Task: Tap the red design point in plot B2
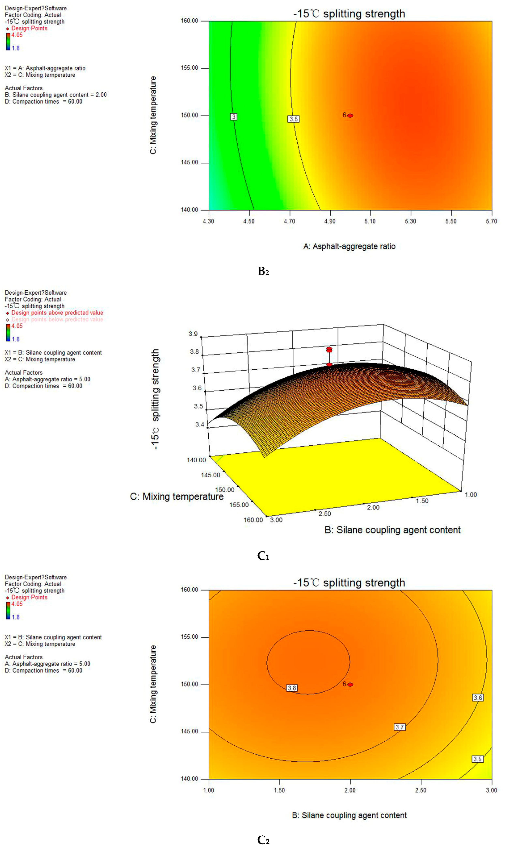tap(350, 115)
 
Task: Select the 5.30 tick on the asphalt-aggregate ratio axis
tap(411, 221)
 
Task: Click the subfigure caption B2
tap(263, 271)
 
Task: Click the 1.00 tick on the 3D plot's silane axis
tap(471, 495)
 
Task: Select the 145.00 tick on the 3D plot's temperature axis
tap(210, 475)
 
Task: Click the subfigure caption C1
tap(263, 556)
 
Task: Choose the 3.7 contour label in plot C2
tap(400, 727)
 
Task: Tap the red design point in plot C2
tap(350, 684)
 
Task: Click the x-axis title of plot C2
tap(349, 815)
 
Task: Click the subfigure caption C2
tap(263, 840)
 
